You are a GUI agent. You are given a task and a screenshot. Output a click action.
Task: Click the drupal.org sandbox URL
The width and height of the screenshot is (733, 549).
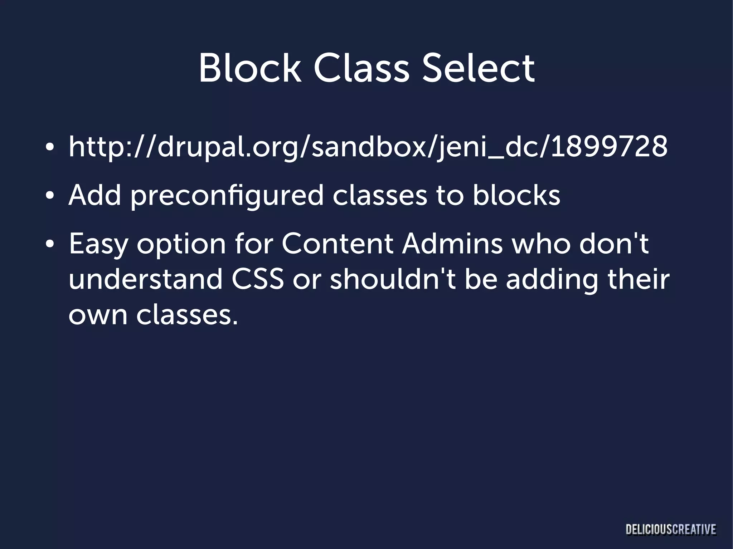pos(368,147)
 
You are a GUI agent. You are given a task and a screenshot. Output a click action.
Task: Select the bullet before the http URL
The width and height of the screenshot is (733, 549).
pos(50,147)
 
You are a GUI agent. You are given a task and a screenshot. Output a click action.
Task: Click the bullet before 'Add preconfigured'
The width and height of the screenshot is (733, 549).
pos(50,196)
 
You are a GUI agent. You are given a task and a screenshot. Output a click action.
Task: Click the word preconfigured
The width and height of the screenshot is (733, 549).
pos(227,196)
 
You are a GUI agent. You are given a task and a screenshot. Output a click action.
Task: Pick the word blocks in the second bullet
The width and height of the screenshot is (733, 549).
pos(516,195)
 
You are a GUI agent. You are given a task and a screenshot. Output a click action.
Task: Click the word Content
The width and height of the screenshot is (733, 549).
pos(337,244)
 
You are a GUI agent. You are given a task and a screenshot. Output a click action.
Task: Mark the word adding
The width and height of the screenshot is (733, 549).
pos(552,280)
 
